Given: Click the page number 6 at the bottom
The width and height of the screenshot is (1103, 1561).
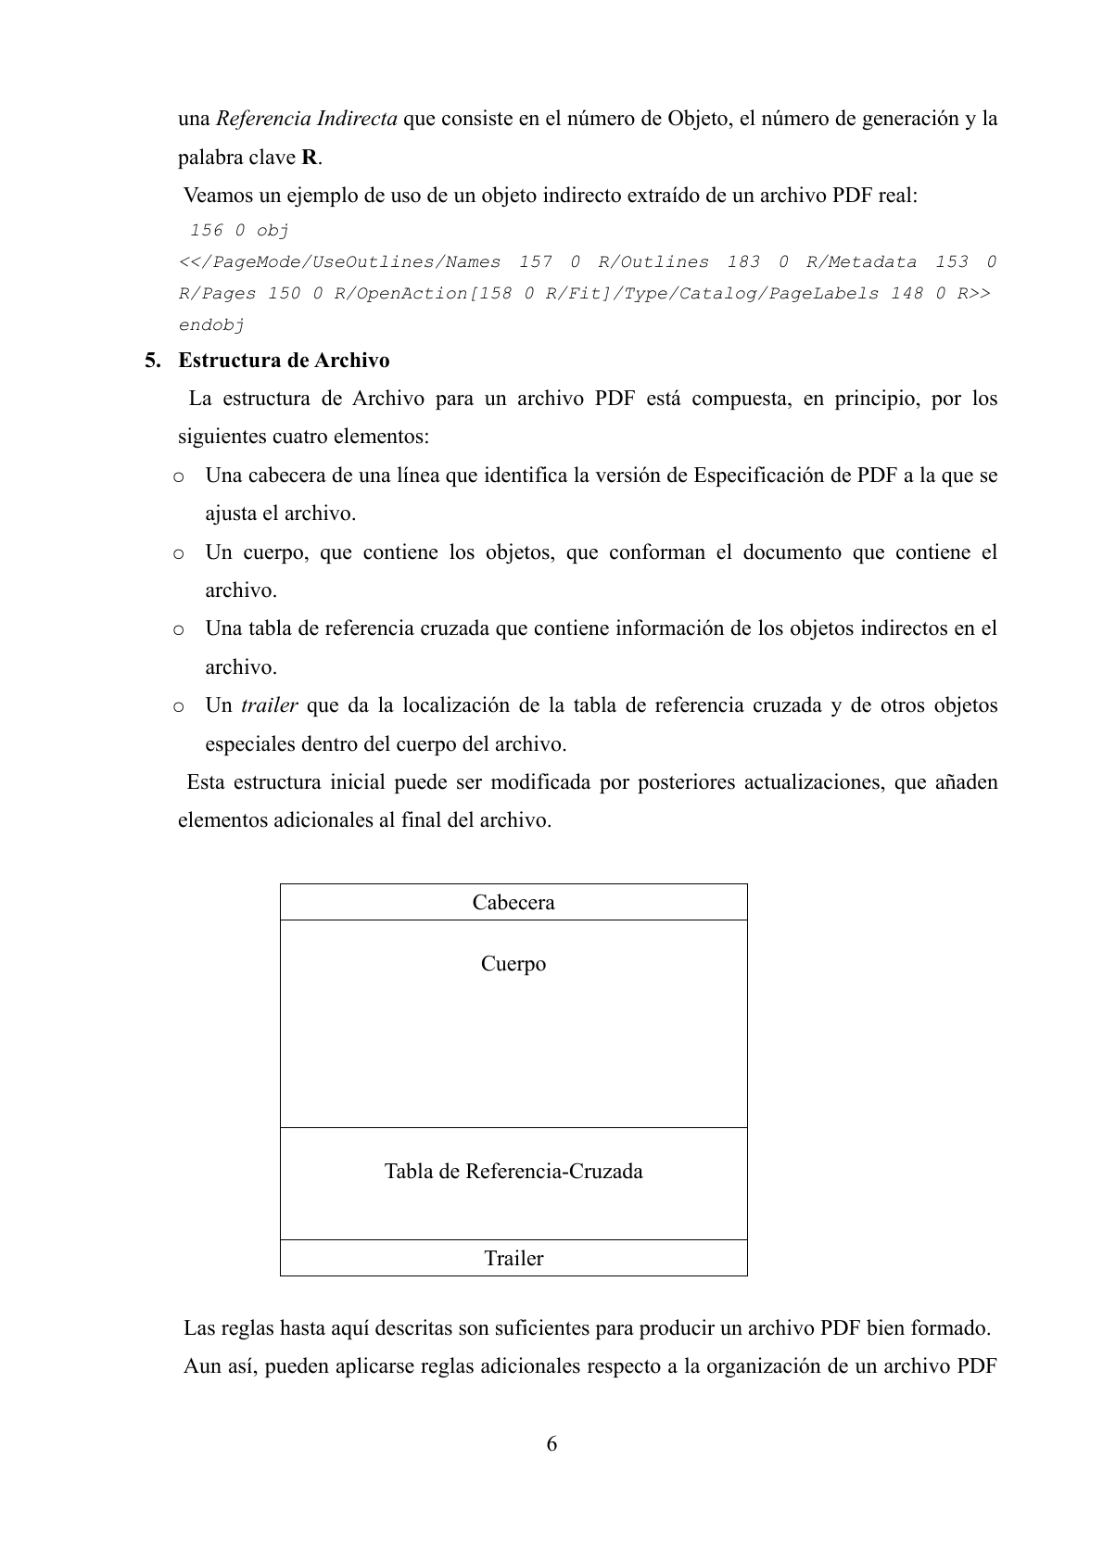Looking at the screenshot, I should [551, 1443].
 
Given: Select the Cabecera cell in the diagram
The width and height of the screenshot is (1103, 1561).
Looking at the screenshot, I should [513, 902].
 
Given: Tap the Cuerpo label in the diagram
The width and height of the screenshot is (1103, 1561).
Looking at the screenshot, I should [513, 964].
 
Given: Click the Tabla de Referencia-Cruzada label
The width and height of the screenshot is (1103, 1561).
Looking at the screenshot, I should [513, 1172].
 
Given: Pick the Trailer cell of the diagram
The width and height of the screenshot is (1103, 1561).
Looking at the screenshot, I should [513, 1258].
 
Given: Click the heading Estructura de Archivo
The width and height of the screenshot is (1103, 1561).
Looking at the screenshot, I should [284, 360].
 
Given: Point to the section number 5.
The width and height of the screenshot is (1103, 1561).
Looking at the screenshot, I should [152, 360].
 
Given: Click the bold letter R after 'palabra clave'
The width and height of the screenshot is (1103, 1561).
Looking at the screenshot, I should [310, 158].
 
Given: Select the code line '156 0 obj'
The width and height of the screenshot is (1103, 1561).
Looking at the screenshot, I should [239, 230].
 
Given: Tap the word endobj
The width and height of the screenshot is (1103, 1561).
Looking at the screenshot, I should [211, 325].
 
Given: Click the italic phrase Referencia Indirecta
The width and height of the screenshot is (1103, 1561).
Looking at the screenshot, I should [307, 119].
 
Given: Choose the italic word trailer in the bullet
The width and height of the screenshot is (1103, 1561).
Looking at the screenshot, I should [269, 705].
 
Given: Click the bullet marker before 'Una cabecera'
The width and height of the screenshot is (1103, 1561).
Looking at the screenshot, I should [178, 476].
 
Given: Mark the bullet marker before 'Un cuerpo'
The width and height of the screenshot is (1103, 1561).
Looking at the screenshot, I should [178, 553].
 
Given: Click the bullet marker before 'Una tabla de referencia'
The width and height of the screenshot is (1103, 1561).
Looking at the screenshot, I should [178, 629].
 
